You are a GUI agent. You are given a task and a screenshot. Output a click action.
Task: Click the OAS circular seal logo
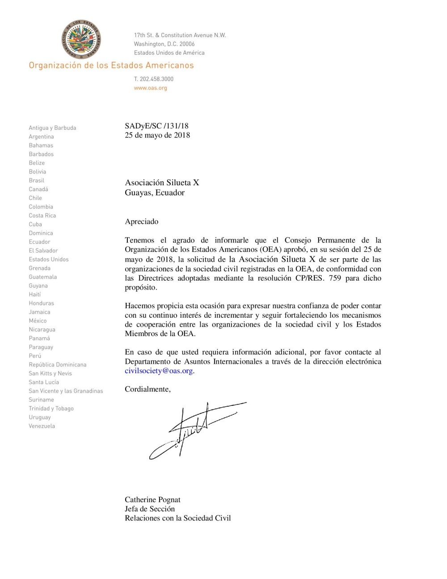pos(81,39)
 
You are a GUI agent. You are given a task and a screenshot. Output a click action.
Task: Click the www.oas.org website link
pos(150,88)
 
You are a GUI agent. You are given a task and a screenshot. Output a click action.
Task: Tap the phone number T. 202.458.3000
pos(154,79)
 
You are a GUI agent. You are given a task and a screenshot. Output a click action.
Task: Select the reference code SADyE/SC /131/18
pos(156,126)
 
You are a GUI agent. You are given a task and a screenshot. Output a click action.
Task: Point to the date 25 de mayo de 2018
pos(157,135)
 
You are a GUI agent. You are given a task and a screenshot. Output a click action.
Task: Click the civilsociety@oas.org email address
pos(159,371)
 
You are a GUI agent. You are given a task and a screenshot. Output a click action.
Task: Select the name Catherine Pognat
pos(152,500)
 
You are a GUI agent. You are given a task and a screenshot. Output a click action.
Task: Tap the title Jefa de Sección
pos(150,509)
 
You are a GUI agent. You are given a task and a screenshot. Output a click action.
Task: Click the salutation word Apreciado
pos(141,221)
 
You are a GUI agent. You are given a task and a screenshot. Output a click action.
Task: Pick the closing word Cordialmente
pos(147,389)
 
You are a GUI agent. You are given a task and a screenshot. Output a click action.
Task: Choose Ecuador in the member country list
pos(39,242)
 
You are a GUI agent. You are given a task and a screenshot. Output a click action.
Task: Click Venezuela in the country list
pos(42,426)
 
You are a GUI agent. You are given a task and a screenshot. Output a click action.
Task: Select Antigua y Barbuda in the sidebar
pos(52,128)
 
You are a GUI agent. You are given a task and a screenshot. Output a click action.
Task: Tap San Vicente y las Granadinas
pos(66,391)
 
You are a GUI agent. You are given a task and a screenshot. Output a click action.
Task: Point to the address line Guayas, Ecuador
pos(155,193)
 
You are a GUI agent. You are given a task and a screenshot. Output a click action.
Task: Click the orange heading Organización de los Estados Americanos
pos(111,65)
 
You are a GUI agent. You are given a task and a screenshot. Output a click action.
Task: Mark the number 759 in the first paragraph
pos(335,278)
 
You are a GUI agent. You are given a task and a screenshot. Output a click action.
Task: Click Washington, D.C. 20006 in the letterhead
pos(164,44)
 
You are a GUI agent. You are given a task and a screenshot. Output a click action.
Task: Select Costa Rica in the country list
pos(42,216)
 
